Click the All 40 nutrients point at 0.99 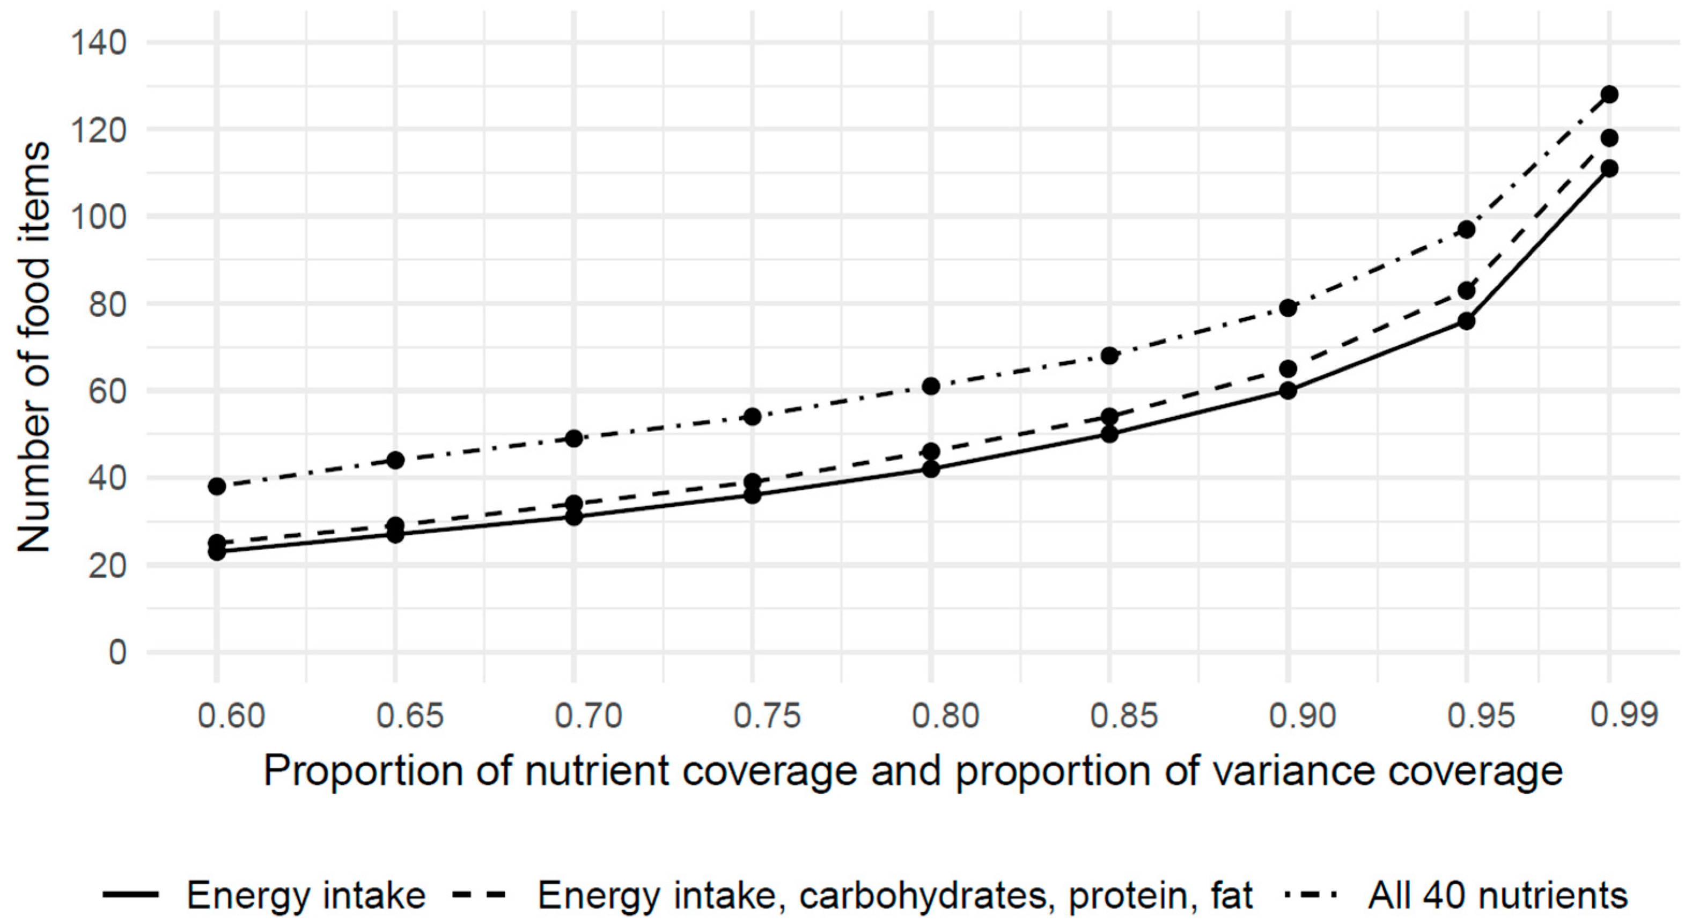(x=1609, y=94)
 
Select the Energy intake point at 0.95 (x=1467, y=321)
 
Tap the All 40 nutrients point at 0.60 (x=217, y=486)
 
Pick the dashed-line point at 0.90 (x=1288, y=368)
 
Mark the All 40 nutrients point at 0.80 (x=931, y=386)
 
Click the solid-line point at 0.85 (x=1109, y=434)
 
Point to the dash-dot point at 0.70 (x=574, y=439)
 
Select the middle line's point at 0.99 (x=1609, y=138)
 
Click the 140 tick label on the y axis (x=99, y=43)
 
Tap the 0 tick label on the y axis (x=117, y=653)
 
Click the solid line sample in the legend (x=131, y=895)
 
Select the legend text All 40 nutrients (x=1498, y=895)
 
